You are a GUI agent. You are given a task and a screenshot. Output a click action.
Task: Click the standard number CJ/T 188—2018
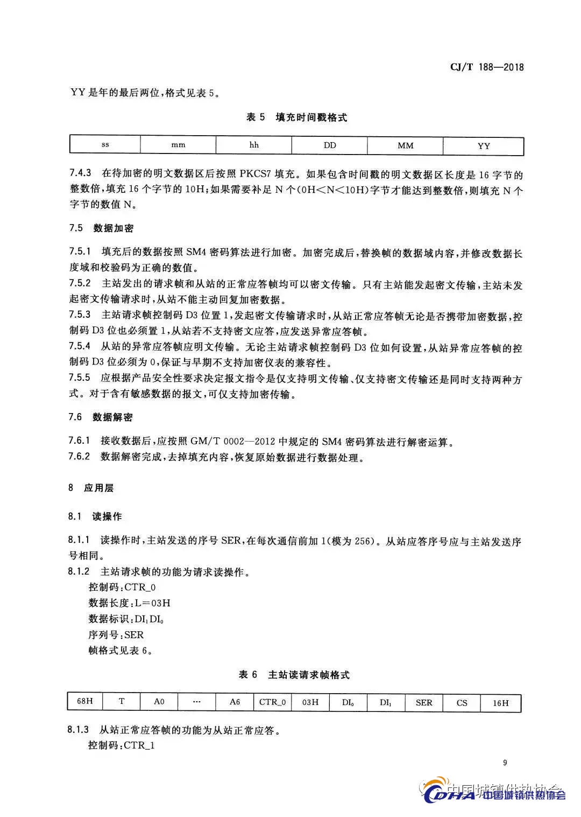tap(486, 67)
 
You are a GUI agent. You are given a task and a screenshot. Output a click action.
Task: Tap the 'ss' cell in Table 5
tap(105, 145)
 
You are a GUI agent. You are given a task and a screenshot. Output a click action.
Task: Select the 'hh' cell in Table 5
tap(254, 145)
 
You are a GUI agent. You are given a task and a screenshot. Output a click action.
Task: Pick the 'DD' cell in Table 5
tap(330, 145)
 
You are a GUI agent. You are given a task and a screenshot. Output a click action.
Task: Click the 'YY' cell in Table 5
tap(484, 146)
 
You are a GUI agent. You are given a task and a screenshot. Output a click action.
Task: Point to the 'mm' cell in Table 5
tap(178, 145)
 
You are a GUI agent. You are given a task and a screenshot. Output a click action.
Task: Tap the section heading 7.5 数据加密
tap(101, 228)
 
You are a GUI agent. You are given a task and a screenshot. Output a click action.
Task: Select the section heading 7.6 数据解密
tap(101, 417)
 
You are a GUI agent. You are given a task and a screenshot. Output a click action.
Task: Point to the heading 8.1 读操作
tap(95, 516)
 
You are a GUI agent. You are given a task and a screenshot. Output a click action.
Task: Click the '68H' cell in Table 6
tap(85, 702)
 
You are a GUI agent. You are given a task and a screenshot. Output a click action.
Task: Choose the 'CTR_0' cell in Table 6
tap(272, 702)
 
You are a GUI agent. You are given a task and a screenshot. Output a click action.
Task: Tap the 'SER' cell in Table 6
tap(424, 702)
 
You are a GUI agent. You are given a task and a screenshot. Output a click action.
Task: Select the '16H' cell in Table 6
tap(500, 703)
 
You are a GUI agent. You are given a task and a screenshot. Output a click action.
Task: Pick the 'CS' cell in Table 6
tap(462, 703)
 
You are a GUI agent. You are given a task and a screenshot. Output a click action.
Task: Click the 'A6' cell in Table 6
tap(235, 702)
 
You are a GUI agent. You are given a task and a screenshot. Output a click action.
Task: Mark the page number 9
tap(505, 763)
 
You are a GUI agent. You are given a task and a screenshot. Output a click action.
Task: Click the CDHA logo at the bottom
tap(449, 793)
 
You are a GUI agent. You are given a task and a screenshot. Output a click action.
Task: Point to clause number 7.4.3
tap(80, 173)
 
